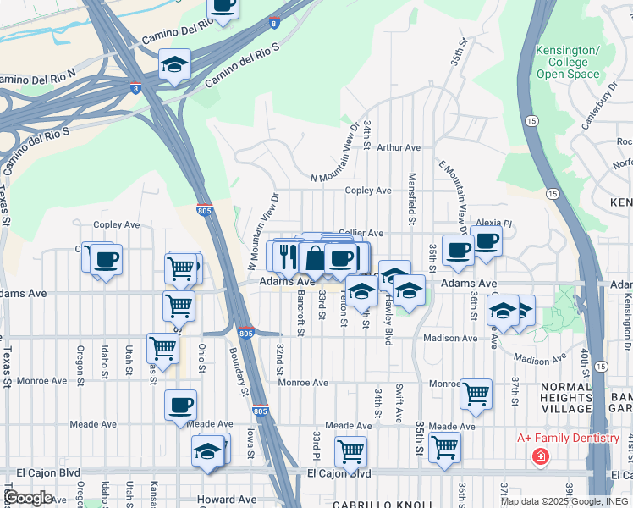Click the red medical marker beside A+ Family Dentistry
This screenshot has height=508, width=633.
pyautogui.click(x=539, y=457)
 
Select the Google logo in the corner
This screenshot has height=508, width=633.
pyautogui.click(x=28, y=498)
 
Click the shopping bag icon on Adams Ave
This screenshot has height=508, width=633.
pyautogui.click(x=315, y=257)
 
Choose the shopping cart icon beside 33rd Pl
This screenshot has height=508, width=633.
pyautogui.click(x=350, y=451)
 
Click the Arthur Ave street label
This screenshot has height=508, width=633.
pyautogui.click(x=399, y=147)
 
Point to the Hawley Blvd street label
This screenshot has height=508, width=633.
pyautogui.click(x=388, y=325)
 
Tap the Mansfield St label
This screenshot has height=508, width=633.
pyautogui.click(x=412, y=199)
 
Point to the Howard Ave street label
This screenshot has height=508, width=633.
pyautogui.click(x=227, y=500)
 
